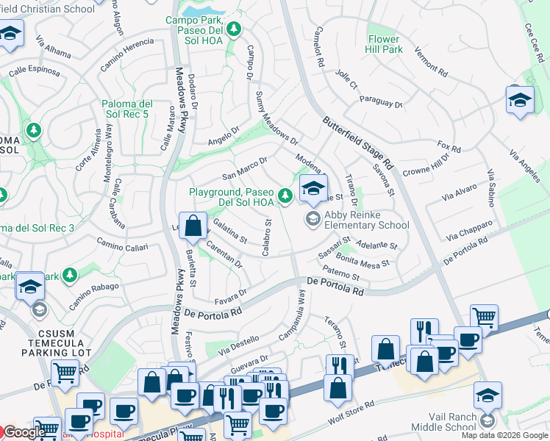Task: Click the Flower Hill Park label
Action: (x=384, y=44)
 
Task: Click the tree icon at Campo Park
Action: (x=234, y=29)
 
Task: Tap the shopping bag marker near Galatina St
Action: (x=193, y=226)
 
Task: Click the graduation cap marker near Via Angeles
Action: (x=520, y=100)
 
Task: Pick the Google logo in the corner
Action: (x=24, y=432)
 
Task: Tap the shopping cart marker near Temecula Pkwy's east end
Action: (x=485, y=318)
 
